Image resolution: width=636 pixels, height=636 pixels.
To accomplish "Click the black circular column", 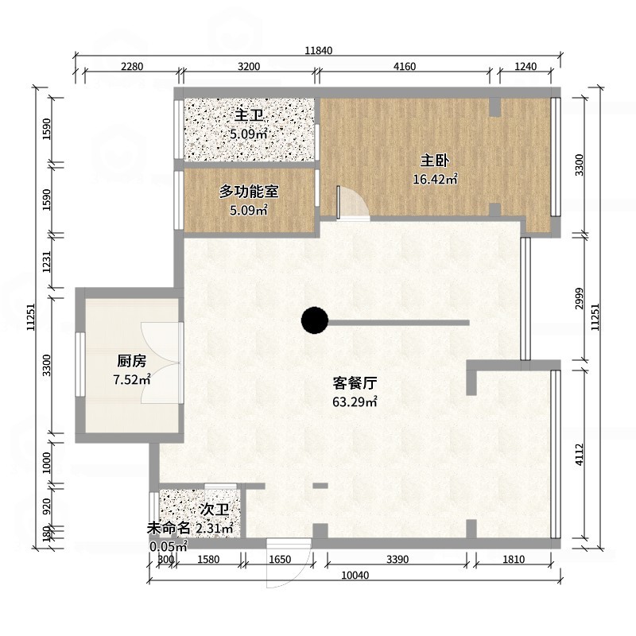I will point(315,321).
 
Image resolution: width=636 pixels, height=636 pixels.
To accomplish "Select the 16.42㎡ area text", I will point(435,180).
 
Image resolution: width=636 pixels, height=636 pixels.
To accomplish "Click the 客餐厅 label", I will point(354,382).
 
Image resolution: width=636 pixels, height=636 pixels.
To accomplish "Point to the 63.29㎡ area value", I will point(354,401).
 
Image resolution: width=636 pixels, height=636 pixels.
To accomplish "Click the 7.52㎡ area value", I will point(132,380).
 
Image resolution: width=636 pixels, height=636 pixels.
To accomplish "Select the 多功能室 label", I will point(248,192).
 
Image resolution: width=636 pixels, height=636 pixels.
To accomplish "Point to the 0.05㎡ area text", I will point(168,546).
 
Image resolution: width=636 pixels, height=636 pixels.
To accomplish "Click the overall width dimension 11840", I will point(318,51).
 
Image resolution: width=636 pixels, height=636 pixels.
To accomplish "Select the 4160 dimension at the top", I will point(405,67).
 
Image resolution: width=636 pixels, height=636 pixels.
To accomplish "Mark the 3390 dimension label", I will point(397,560).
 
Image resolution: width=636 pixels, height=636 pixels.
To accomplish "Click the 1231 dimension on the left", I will point(47,262).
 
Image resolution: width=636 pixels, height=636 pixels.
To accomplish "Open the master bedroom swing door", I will point(352,204).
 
